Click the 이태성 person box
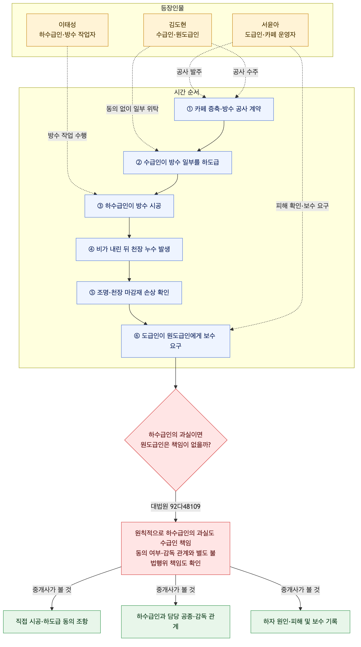pos(67,30)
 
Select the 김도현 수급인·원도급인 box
pos(177,30)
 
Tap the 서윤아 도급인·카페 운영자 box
pos(270,30)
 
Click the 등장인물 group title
pos(172,8)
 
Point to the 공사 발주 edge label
pos(189,72)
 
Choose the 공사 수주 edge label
pos(246,72)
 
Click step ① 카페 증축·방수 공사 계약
pos(224,109)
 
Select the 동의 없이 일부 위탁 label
pos(132,109)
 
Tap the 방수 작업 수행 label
pos(67,135)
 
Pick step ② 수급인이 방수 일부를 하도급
pos(177,163)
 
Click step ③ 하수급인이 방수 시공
pos(129,206)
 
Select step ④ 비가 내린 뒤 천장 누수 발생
pos(129,249)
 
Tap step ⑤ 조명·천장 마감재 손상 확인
pos(129,293)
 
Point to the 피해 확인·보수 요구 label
pos(302,206)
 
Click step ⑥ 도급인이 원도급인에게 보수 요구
pos(176,341)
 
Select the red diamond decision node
pos(176,440)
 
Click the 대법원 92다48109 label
pos(176,506)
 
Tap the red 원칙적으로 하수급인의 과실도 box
pos(176,548)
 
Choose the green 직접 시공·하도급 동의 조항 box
pos(52,622)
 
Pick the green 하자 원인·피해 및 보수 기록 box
pos(300,622)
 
